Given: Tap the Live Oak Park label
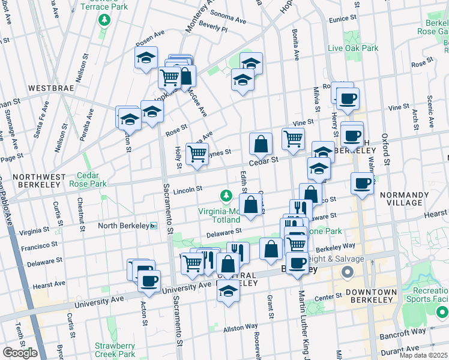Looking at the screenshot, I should click(352, 47).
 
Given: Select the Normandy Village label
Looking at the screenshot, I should click(409, 199).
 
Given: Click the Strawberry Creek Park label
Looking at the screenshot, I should click(115, 350).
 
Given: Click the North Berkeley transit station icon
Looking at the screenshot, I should click(154, 226).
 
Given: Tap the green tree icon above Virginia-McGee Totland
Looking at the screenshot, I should click(226, 196).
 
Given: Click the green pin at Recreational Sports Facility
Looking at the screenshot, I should click(442, 312).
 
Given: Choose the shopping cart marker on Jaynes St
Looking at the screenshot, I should click(197, 154).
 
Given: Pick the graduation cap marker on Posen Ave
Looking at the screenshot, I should click(145, 58).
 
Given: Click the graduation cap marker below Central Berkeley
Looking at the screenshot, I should click(228, 292).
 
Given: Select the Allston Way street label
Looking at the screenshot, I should click(241, 328).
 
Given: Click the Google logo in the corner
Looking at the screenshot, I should click(20, 353).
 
